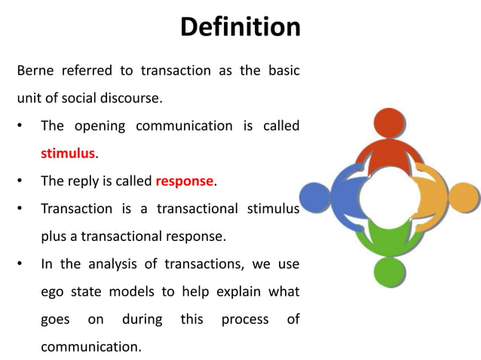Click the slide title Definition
click(240, 27)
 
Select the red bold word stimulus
click(68, 154)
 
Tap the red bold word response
click(185, 181)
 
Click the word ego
click(53, 291)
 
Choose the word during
click(141, 319)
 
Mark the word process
click(244, 319)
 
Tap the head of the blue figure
click(314, 198)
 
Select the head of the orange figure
click(464, 198)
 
